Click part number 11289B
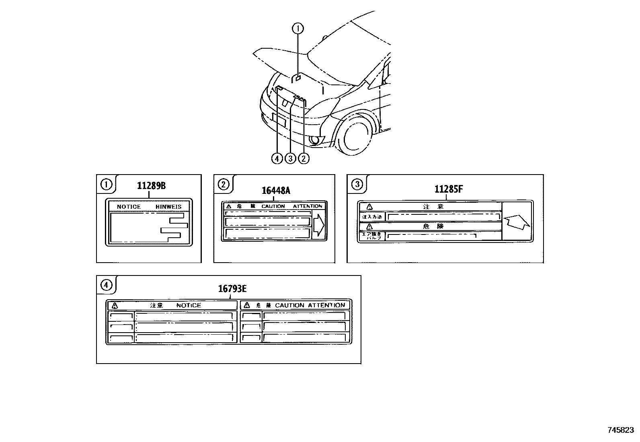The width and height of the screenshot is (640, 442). point(151,186)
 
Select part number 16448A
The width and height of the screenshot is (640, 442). point(276,191)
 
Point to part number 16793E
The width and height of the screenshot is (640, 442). point(232,289)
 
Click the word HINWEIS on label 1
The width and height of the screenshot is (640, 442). point(168,207)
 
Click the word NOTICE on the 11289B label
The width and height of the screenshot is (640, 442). point(129,207)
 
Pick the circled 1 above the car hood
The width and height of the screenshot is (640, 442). point(298,29)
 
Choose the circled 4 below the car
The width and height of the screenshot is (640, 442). point(277,158)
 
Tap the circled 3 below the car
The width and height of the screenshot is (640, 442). point(290,158)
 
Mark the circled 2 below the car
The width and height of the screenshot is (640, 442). point(304,158)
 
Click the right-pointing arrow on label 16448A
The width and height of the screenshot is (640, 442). point(318,225)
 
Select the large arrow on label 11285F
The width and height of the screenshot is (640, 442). point(517,221)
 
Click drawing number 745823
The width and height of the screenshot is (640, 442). point(620,430)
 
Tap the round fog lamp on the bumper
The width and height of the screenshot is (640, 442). point(316,140)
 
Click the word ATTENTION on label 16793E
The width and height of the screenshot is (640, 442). point(326,305)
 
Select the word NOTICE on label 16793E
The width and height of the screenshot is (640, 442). point(189,305)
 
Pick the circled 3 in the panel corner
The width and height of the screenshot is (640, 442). point(357,184)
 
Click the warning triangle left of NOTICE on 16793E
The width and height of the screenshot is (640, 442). point(115,305)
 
